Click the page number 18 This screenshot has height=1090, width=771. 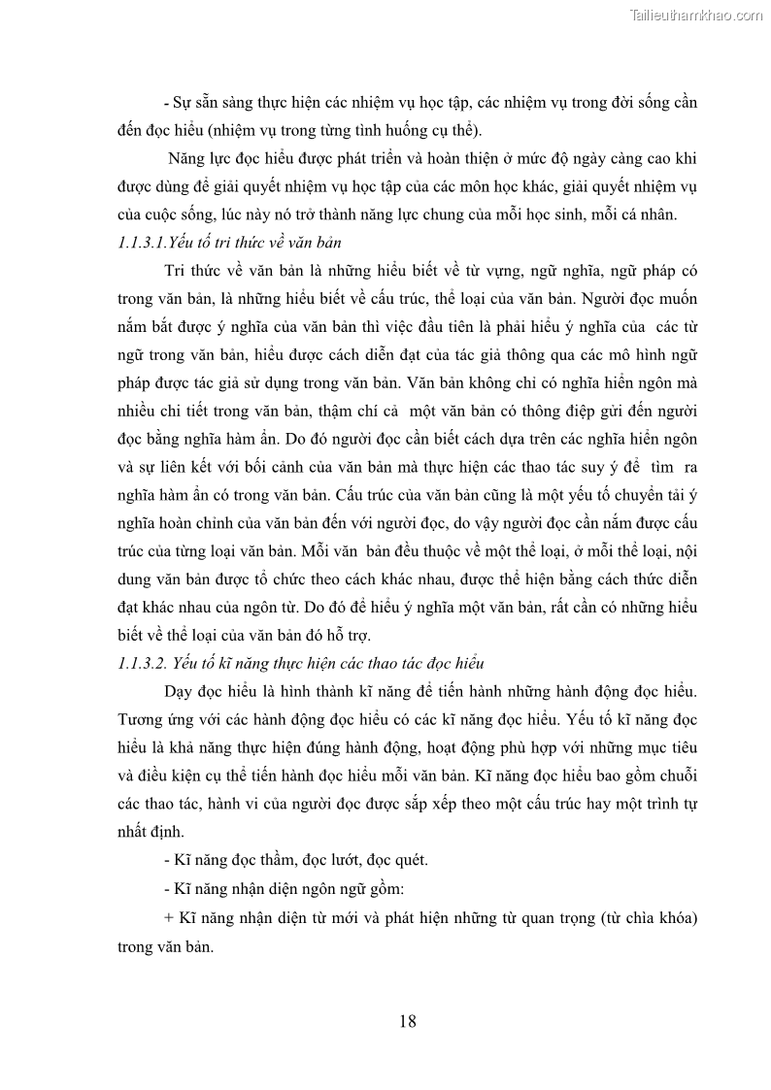point(408,1020)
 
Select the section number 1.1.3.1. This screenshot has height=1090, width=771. point(133,242)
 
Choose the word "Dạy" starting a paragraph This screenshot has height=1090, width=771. point(181,692)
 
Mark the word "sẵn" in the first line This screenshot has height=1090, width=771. point(211,102)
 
